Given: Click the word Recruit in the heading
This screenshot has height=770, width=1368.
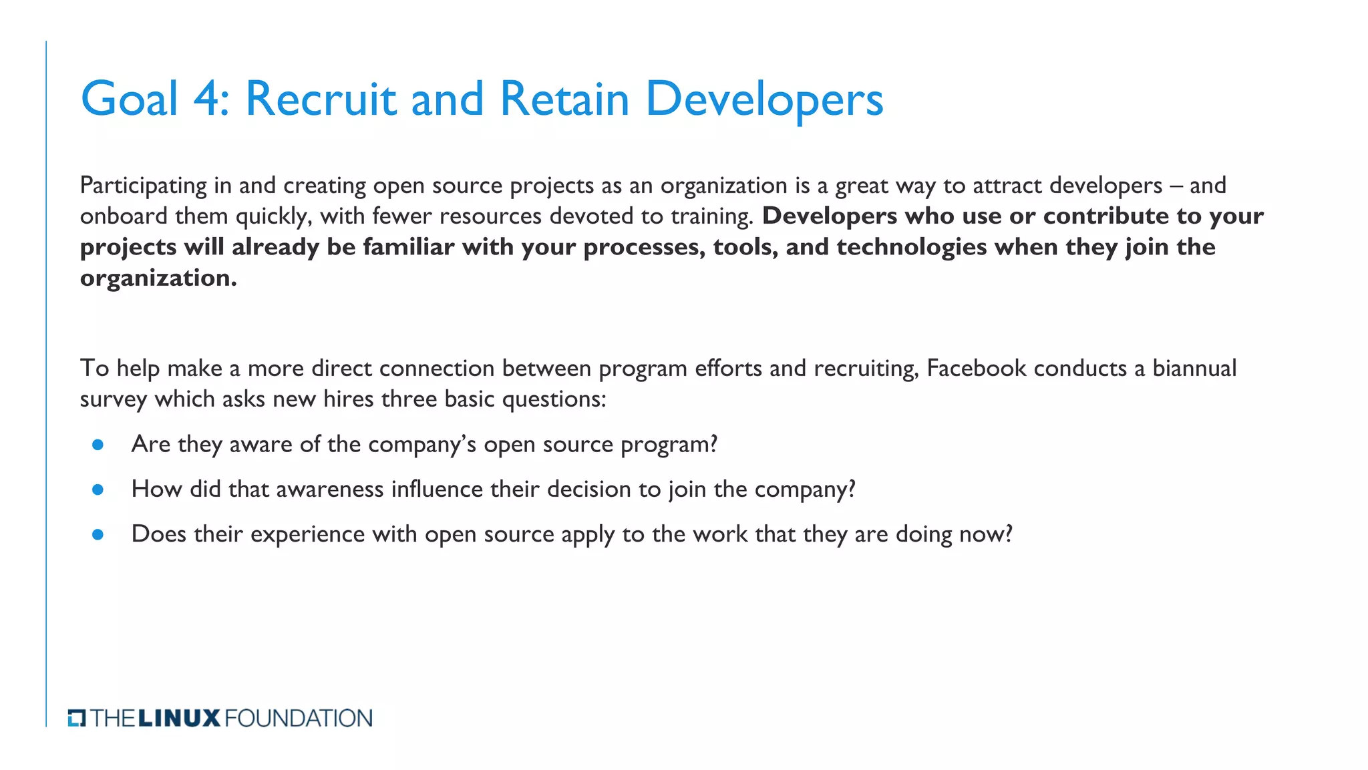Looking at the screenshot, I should click(x=321, y=100).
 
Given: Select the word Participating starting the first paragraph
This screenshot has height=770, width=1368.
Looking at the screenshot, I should click(x=143, y=186).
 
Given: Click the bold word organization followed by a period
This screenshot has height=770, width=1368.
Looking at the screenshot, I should click(x=156, y=278).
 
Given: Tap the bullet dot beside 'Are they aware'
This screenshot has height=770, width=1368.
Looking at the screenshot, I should click(x=98, y=445).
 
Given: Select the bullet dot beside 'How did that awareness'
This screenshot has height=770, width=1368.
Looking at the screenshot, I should click(x=98, y=490).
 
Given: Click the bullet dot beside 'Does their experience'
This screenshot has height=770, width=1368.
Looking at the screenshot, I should click(x=98, y=534).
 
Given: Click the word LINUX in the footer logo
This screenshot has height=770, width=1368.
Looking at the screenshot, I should click(x=179, y=719).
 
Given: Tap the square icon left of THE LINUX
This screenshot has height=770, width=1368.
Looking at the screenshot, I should click(x=77, y=719).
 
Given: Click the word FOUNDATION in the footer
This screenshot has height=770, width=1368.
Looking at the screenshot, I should click(x=299, y=719).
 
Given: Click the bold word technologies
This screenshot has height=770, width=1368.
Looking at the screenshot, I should click(x=912, y=248).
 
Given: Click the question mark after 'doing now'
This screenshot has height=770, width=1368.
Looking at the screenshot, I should click(x=1008, y=534).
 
